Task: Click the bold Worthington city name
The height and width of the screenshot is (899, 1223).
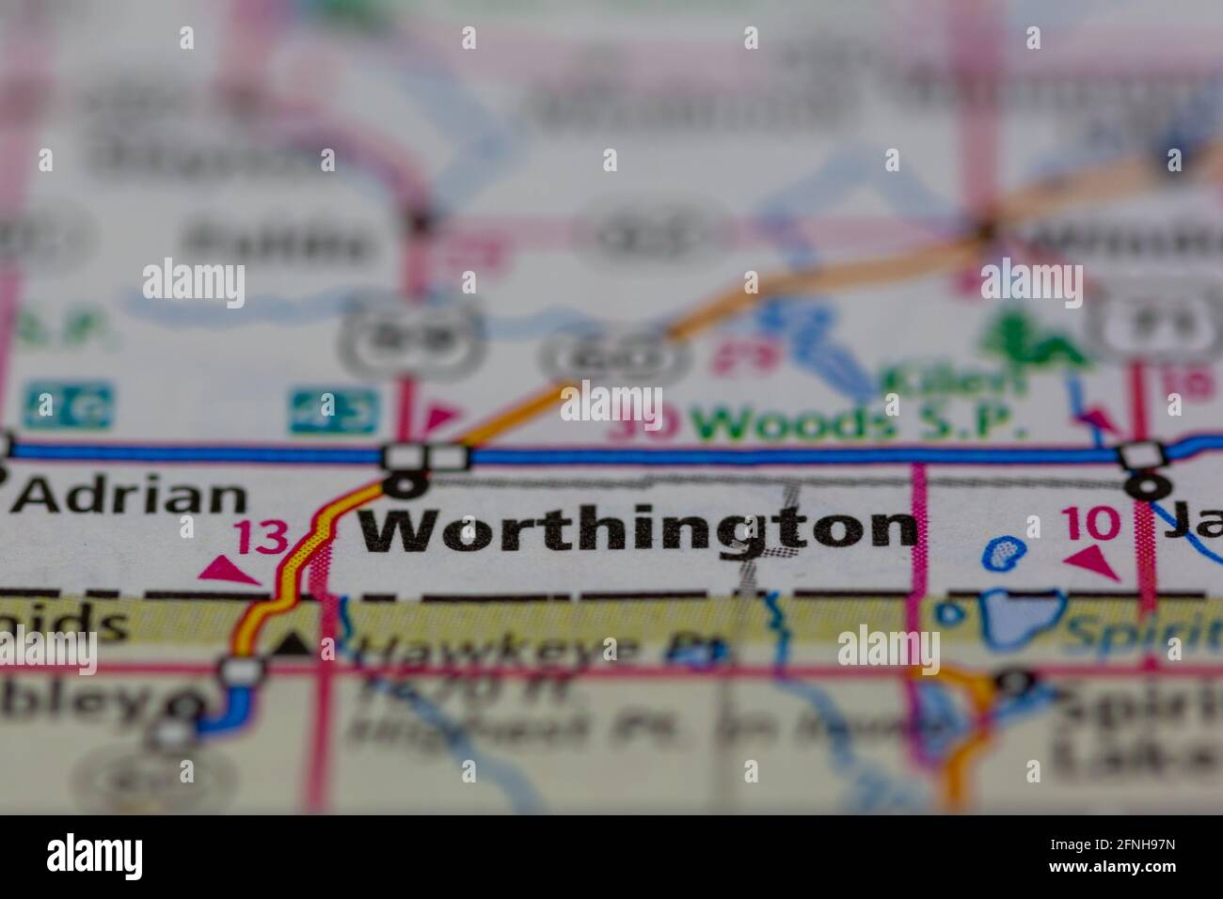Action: [639, 529]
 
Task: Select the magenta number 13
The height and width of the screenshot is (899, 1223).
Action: [261, 538]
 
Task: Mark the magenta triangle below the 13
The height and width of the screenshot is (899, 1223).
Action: [227, 568]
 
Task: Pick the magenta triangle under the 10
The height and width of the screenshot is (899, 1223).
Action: [1094, 562]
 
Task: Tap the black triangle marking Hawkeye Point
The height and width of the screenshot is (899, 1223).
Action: [294, 643]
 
